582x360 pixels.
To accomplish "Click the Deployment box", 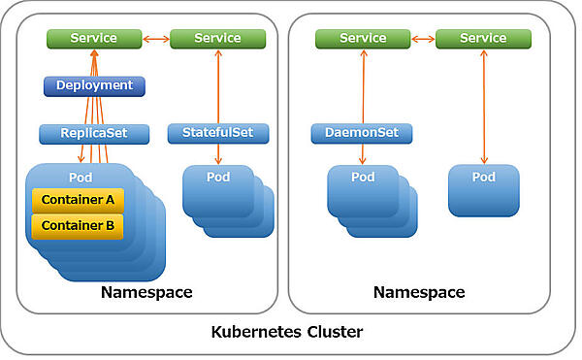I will pyautogui.click(x=94, y=85).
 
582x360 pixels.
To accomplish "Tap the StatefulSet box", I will pyautogui.click(x=217, y=133).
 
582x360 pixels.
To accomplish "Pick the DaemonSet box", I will pyautogui.click(x=362, y=133).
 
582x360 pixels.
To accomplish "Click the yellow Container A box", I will pyautogui.click(x=78, y=200).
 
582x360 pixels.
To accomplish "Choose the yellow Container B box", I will pyautogui.click(x=78, y=226).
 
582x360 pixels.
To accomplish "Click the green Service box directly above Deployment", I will pyautogui.click(x=94, y=39).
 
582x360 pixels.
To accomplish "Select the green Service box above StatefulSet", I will pyautogui.click(x=217, y=39).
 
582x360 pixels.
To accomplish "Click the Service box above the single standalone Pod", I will pyautogui.click(x=483, y=39).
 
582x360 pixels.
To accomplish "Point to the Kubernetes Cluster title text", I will pyautogui.click(x=287, y=333).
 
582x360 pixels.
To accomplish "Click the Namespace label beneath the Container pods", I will pyautogui.click(x=146, y=292).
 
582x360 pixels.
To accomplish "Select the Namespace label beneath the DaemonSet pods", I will pyautogui.click(x=419, y=292).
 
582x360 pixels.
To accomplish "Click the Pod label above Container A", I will pyautogui.click(x=81, y=178).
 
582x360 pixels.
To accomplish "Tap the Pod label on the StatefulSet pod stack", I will pyautogui.click(x=218, y=178).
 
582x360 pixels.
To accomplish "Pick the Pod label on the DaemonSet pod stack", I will pyautogui.click(x=363, y=178).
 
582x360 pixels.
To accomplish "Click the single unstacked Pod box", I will pyautogui.click(x=483, y=189).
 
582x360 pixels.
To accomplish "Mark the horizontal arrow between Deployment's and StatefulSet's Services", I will pyautogui.click(x=155, y=39).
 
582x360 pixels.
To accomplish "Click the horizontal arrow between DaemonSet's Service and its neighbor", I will pyautogui.click(x=423, y=39).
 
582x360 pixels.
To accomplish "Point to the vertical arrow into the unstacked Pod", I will pyautogui.click(x=483, y=107).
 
